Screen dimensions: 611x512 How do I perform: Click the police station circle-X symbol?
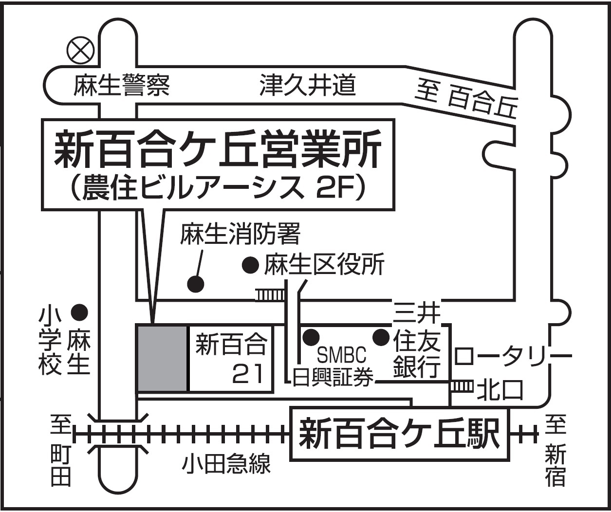coord(80,50)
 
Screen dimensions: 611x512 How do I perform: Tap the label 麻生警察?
coord(121,86)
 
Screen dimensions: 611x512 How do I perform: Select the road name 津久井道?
coord(308,85)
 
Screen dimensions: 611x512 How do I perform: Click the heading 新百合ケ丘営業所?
coord(218,150)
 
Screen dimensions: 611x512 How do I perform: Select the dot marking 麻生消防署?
coord(196,284)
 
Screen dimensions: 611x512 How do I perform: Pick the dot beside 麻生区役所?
coord(251,265)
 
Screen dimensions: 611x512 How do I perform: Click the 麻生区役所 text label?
coord(324,265)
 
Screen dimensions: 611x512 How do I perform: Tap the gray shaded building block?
coord(163,358)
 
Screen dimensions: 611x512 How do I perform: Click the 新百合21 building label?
coord(231,359)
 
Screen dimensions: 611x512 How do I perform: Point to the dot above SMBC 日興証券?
coord(311,337)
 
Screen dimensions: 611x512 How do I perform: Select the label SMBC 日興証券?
coord(334,366)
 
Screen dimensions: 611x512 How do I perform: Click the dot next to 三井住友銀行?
coord(381,337)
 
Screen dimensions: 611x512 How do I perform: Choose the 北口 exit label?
coord(500,390)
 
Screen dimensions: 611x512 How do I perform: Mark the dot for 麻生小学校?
coord(80,312)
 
